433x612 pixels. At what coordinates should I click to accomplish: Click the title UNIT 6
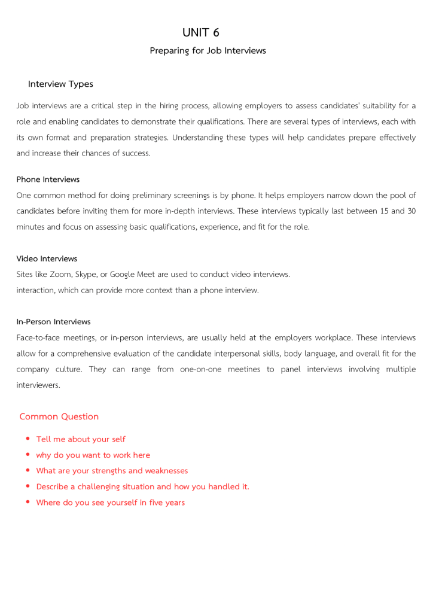(201, 32)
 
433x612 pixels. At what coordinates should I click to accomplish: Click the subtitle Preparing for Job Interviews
(208, 51)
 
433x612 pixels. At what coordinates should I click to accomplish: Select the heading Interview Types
(60, 84)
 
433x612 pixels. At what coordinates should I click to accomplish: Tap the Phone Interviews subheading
(48, 179)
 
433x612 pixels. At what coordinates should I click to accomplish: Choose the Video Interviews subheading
(47, 259)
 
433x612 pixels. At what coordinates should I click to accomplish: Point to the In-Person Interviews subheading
(53, 322)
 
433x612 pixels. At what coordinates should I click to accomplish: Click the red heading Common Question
(59, 416)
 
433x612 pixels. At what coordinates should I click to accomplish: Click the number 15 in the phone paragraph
(385, 211)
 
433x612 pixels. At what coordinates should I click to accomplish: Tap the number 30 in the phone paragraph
(411, 211)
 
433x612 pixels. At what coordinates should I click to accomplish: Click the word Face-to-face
(38, 338)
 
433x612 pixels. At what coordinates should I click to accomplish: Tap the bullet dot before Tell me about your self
(28, 439)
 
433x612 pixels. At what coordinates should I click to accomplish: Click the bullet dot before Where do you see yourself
(28, 502)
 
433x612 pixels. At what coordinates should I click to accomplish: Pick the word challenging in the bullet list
(104, 487)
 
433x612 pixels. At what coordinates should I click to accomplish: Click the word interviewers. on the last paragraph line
(38, 385)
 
